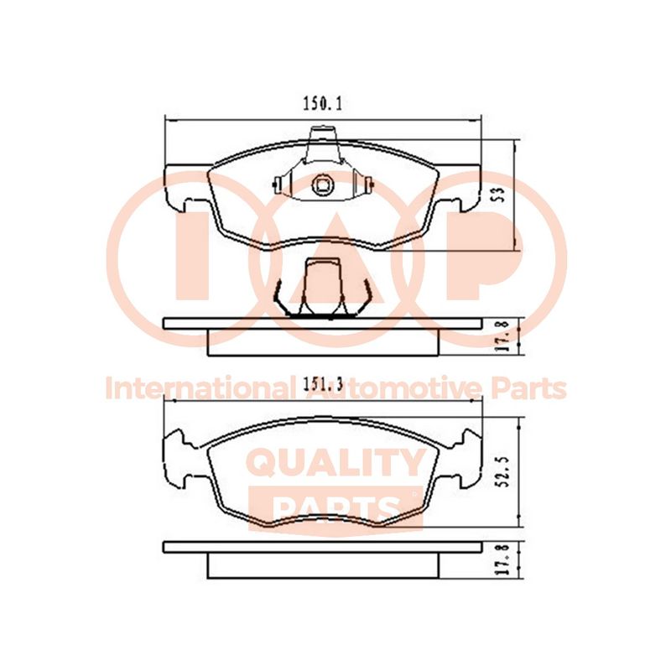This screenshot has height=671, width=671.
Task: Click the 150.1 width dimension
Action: pyautogui.click(x=323, y=104)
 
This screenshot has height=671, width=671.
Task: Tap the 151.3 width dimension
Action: pyautogui.click(x=324, y=385)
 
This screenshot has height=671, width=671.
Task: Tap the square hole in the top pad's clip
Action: pyautogui.click(x=322, y=185)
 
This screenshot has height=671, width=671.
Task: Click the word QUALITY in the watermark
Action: pyautogui.click(x=337, y=463)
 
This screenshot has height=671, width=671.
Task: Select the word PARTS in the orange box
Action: pyautogui.click(x=335, y=509)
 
